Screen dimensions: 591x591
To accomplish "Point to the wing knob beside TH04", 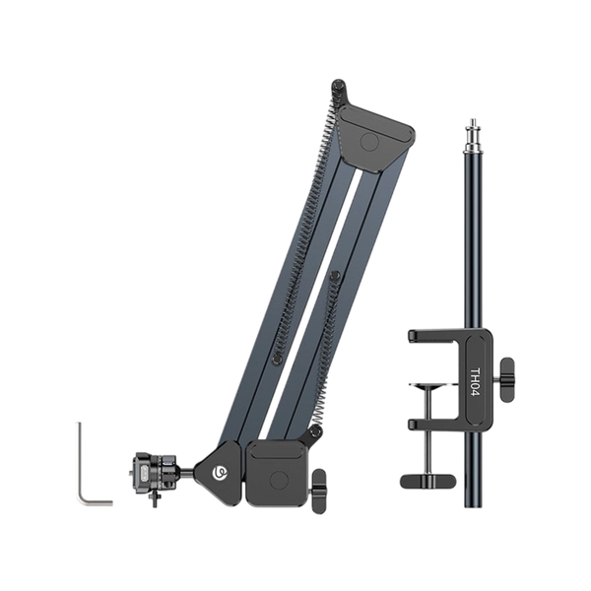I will [505, 379].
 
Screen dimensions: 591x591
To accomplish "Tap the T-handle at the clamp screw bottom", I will [428, 480].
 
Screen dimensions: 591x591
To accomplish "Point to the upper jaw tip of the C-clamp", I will [415, 336].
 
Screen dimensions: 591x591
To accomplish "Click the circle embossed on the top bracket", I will [370, 141].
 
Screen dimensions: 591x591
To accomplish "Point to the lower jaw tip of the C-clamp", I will [415, 424].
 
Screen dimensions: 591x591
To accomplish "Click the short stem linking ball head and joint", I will [184, 473].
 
